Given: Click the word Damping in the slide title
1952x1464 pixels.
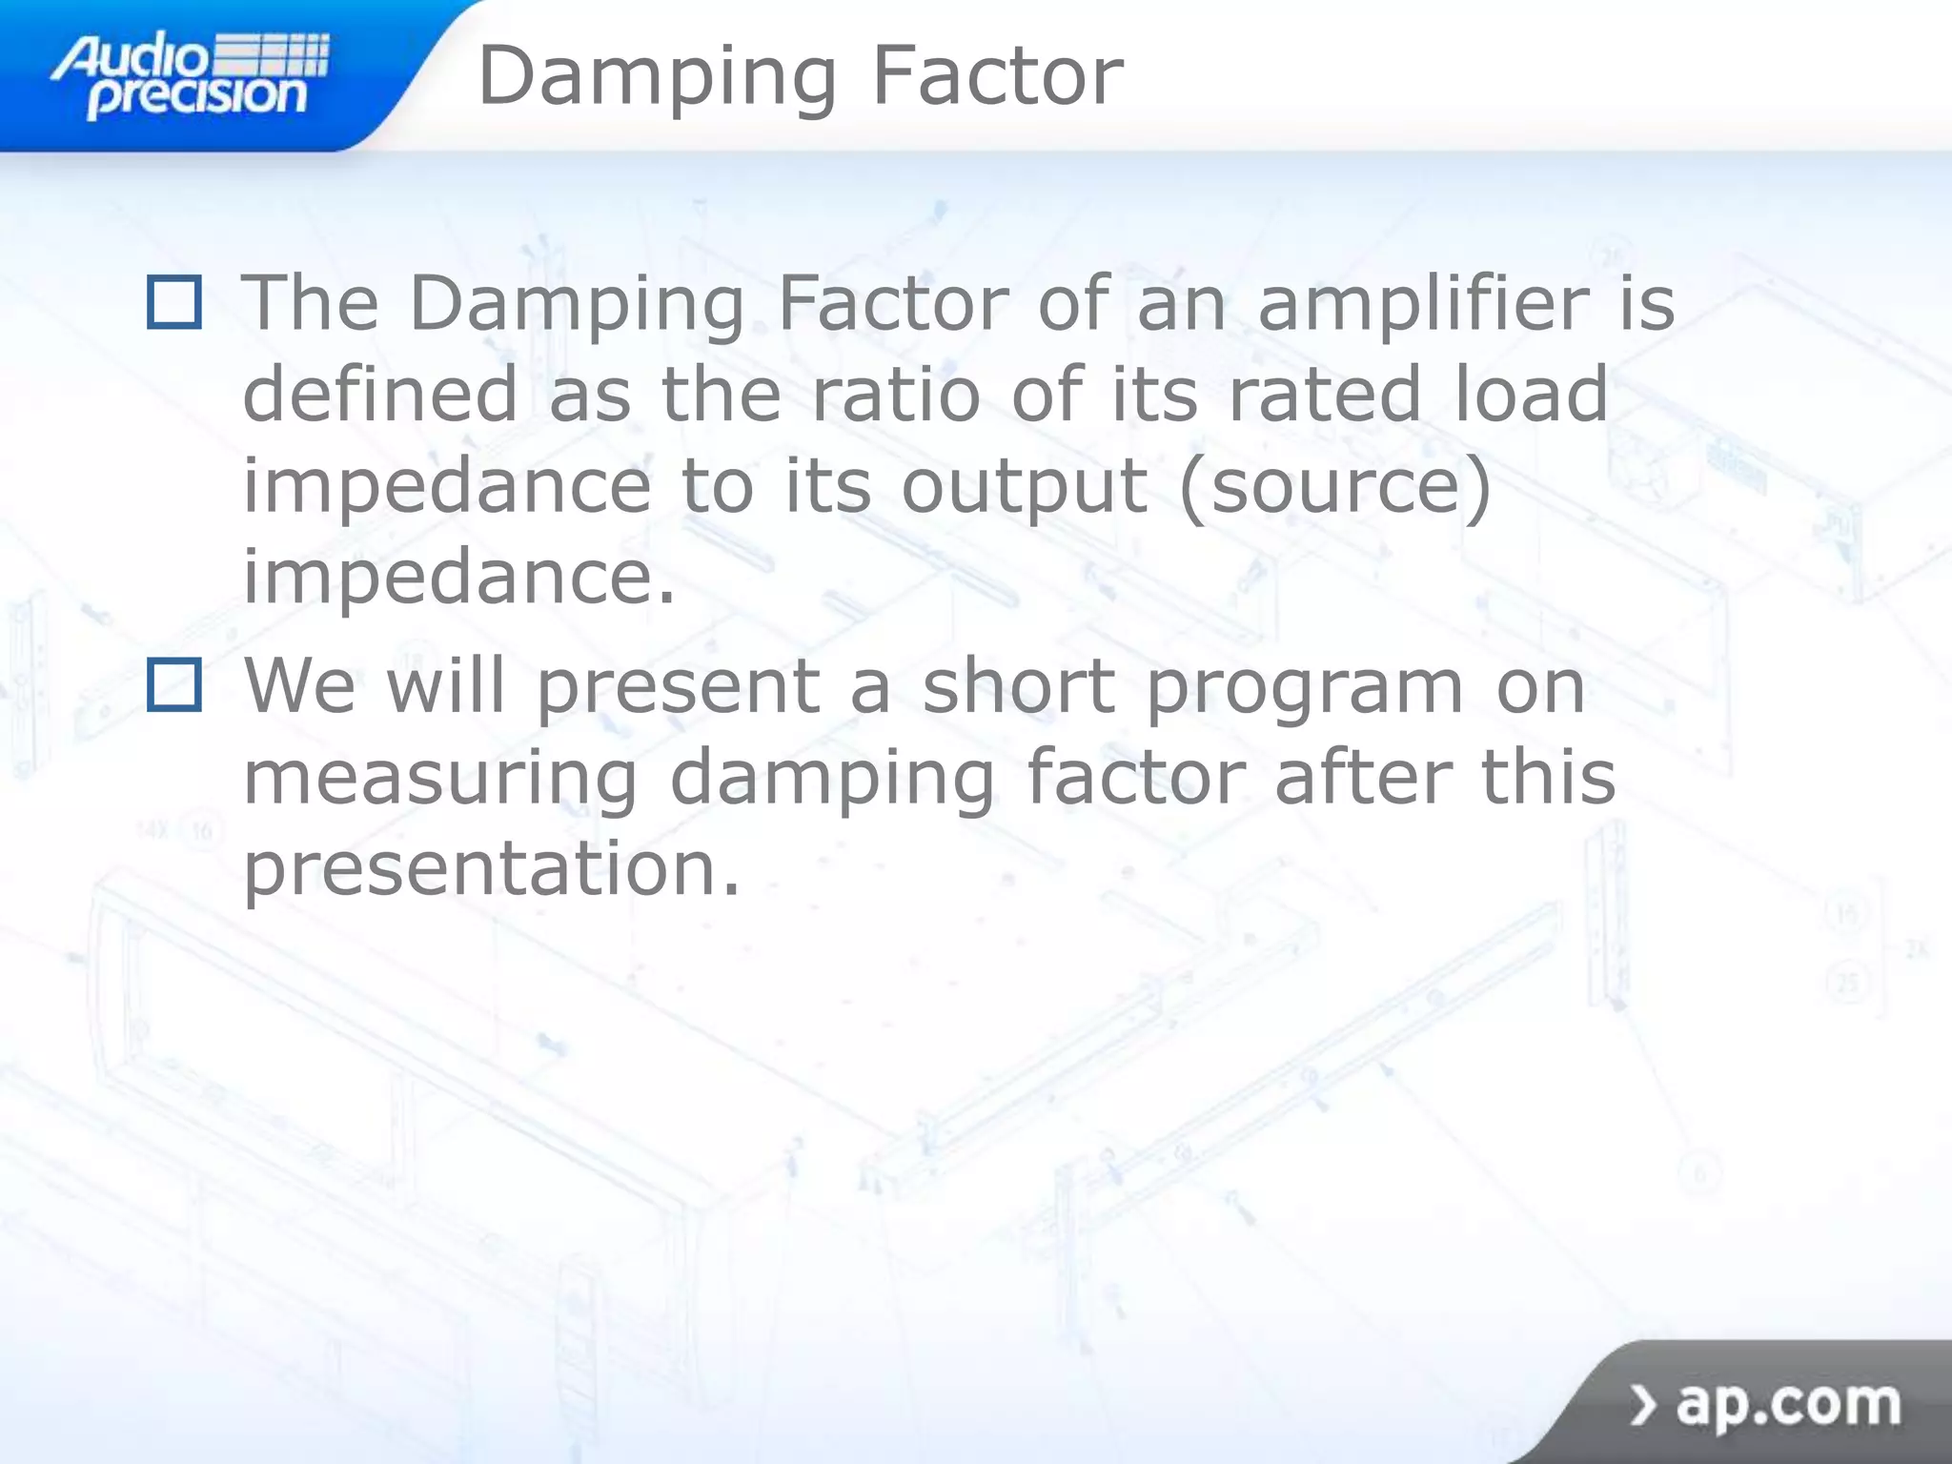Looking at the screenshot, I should [657, 78].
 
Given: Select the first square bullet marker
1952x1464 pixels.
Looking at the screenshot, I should [174, 302].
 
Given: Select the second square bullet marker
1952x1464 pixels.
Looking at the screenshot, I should [174, 684].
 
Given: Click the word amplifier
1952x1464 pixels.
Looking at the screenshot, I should [1423, 303].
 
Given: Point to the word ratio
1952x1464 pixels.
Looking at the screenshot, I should [895, 394].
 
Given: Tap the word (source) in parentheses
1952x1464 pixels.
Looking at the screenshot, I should [1334, 487].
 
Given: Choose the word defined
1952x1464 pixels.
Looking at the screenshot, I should [380, 394].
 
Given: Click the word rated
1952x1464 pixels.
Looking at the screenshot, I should [1326, 394].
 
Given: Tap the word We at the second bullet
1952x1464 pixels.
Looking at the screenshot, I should [299, 684].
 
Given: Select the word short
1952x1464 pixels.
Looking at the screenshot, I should [1019, 684].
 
